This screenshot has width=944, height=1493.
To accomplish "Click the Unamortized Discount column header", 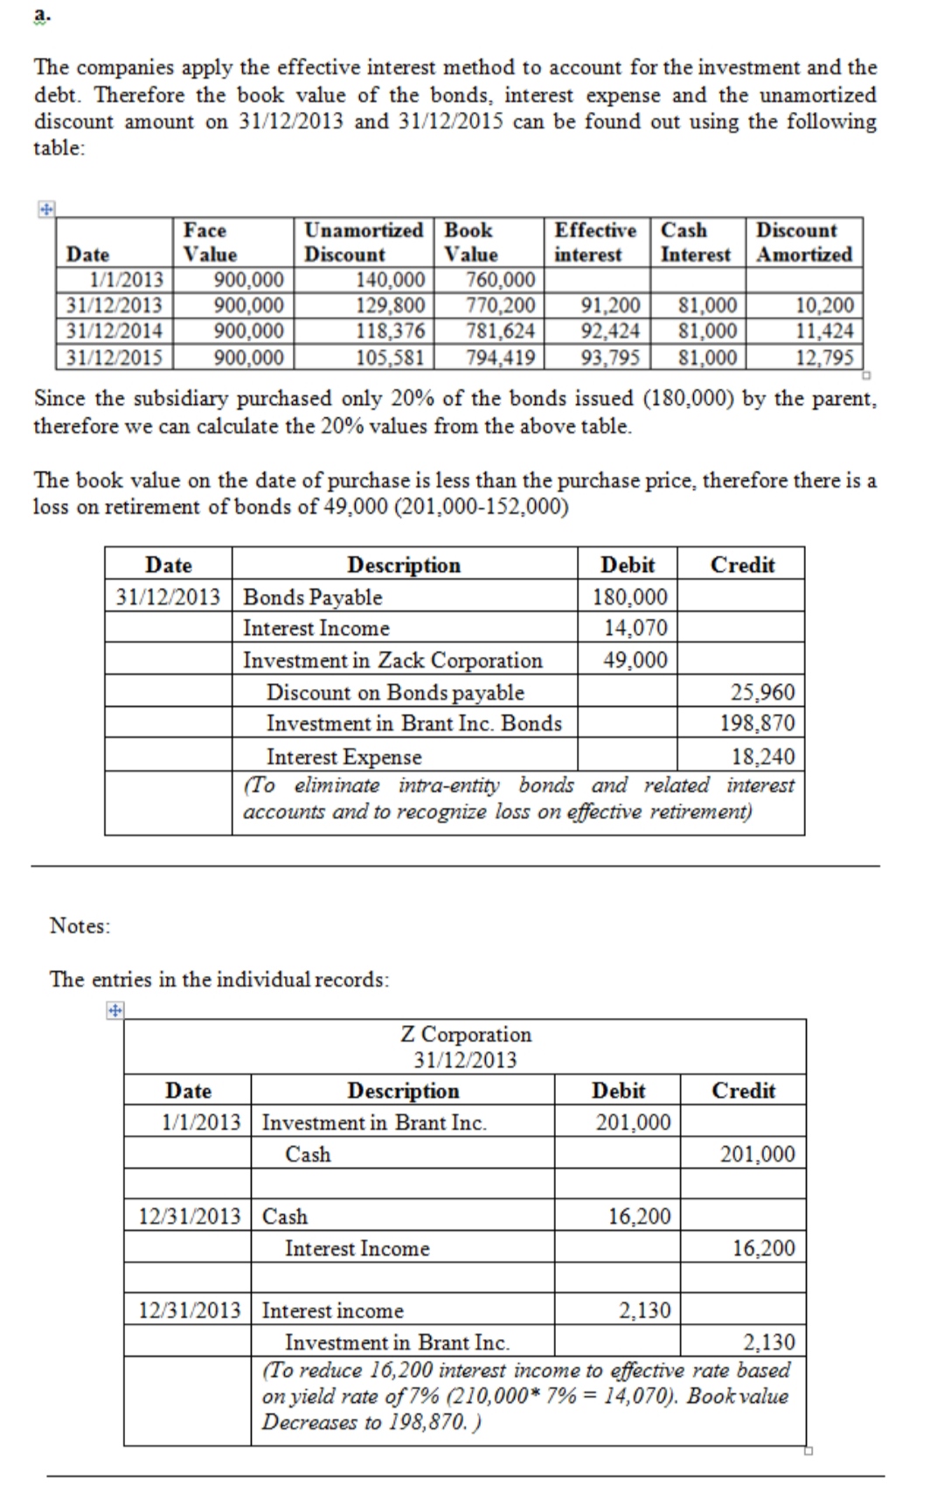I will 363,242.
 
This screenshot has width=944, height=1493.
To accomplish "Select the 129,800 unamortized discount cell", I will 391,305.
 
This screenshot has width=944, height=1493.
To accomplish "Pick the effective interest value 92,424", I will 610,331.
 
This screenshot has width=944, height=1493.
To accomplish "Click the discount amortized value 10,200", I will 824,305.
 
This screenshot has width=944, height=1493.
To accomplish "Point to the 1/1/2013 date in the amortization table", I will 127,280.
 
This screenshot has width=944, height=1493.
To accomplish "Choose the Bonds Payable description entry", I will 312,597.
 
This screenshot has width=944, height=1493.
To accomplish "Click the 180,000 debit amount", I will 629,597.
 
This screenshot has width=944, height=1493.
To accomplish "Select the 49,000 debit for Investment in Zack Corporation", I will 635,660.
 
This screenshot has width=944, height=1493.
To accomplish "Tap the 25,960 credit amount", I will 762,693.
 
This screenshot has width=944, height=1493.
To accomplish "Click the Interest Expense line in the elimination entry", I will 344,757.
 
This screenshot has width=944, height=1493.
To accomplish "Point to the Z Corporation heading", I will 466,1035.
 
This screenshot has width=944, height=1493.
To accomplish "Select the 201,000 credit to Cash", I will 757,1155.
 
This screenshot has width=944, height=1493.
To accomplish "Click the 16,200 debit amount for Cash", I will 639,1217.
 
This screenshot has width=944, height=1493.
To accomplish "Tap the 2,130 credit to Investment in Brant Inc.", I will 768,1343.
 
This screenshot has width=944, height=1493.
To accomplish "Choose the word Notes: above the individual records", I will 80,925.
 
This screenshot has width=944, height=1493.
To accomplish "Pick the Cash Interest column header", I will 696,242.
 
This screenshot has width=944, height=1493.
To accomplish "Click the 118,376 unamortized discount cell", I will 391,331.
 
